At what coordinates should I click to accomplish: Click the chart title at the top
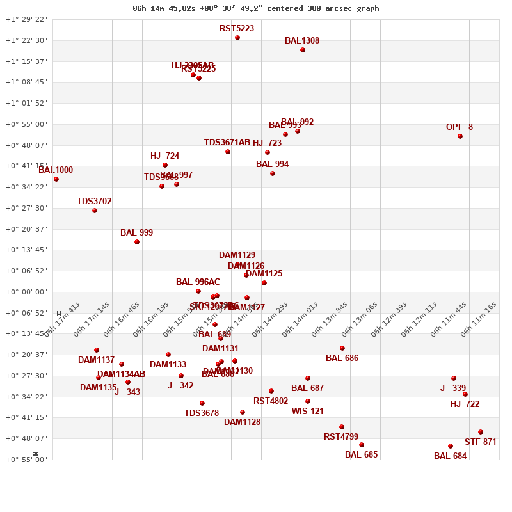(x=256, y=8)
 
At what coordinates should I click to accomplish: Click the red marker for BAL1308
(x=303, y=50)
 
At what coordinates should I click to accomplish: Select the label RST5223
(x=237, y=29)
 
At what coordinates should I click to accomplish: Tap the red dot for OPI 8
(x=460, y=136)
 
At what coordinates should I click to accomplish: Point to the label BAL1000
(x=56, y=170)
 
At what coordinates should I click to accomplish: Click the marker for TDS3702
(x=95, y=211)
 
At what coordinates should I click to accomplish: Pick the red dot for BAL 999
(x=137, y=242)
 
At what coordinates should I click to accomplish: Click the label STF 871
(x=481, y=442)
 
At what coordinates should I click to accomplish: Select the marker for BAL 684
(x=451, y=446)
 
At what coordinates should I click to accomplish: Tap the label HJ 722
(x=465, y=404)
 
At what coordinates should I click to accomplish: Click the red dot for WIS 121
(x=308, y=401)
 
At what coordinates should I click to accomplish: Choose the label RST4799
(x=341, y=437)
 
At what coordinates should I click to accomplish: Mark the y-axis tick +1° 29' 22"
(x=26, y=19)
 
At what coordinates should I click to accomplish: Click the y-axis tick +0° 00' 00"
(x=26, y=292)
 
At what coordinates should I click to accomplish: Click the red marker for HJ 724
(x=165, y=165)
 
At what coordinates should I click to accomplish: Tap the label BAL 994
(x=272, y=164)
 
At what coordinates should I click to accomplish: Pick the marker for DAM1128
(x=243, y=412)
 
